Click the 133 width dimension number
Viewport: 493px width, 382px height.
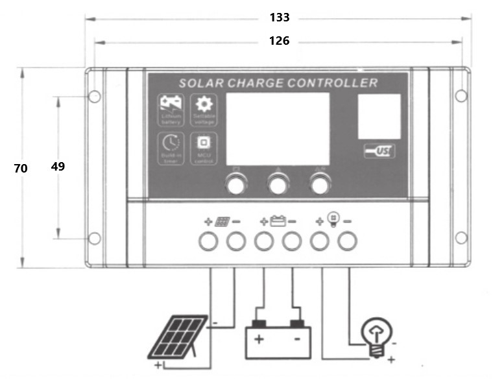pos(279,18)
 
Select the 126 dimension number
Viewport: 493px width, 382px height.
pos(279,41)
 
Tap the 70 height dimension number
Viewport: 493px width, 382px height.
pos(21,168)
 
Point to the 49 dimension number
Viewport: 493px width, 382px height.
pos(58,166)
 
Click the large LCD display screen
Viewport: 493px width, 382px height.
pos(277,128)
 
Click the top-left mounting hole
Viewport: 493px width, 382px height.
pos(94,97)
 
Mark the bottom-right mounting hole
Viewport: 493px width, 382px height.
pos(461,238)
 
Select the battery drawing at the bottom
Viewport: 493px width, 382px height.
pos(278,340)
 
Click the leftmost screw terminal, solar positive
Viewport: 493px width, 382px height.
pos(208,241)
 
